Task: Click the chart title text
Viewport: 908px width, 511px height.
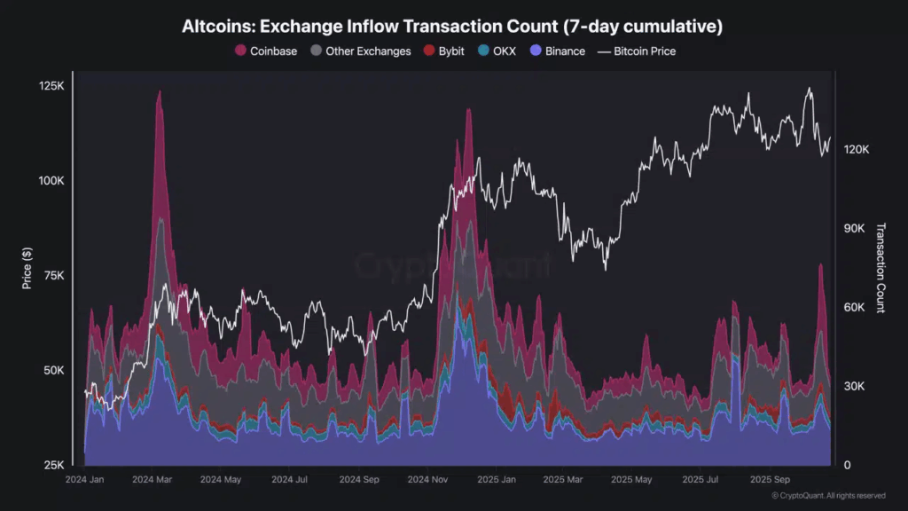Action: (452, 27)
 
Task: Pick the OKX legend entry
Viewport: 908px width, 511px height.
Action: (497, 51)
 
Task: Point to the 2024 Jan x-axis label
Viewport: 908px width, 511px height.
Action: (85, 480)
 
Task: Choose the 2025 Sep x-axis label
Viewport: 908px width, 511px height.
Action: (771, 480)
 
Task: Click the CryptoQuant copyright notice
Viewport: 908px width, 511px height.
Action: (827, 496)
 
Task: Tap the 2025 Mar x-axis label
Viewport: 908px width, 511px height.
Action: (565, 480)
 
